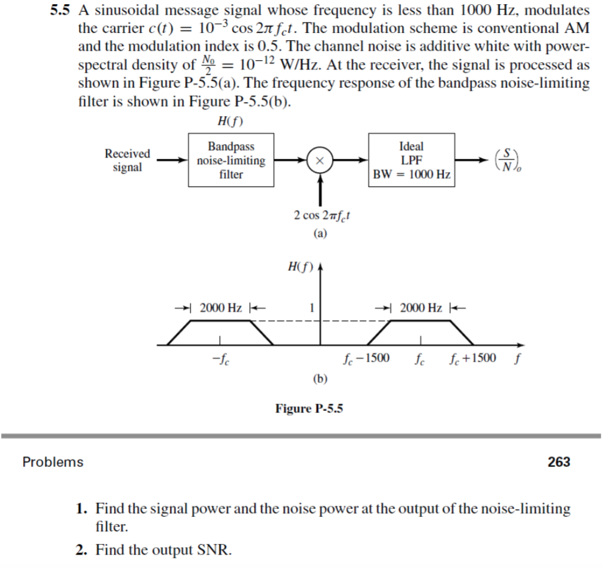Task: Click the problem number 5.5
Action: tap(61, 10)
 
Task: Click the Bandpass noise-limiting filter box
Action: tap(231, 161)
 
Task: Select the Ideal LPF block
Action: tap(411, 161)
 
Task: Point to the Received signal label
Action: tap(127, 161)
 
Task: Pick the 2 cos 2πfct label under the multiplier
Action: tap(320, 215)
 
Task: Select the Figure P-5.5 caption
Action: tap(309, 408)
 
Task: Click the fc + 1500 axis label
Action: tap(473, 357)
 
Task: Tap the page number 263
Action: tap(559, 462)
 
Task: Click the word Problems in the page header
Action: tap(53, 462)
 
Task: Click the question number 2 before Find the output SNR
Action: tap(80, 550)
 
